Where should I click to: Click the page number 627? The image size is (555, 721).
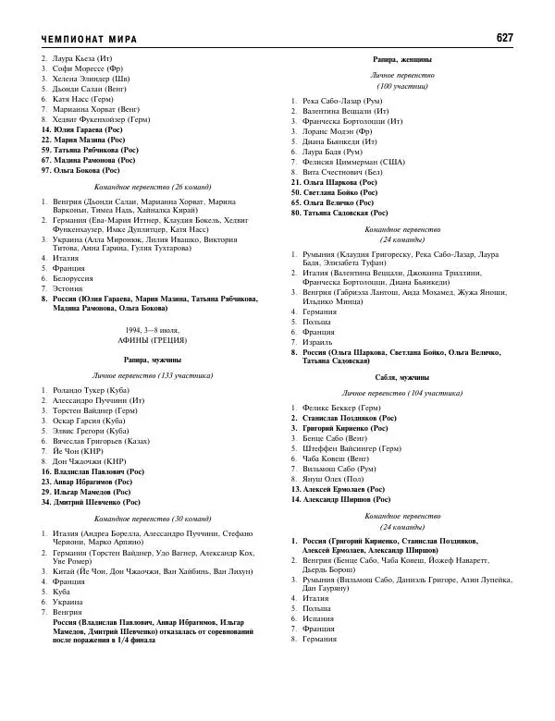(x=504, y=38)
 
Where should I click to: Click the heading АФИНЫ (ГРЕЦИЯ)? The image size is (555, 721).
(x=153, y=341)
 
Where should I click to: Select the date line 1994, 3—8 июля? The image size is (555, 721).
(x=153, y=330)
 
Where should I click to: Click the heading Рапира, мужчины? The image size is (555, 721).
(x=153, y=359)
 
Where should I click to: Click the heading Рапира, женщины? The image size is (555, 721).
(x=402, y=58)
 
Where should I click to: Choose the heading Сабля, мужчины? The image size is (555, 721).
(x=402, y=378)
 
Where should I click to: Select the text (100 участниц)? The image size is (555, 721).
(x=402, y=85)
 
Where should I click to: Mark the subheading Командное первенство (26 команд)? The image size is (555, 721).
(x=153, y=187)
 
